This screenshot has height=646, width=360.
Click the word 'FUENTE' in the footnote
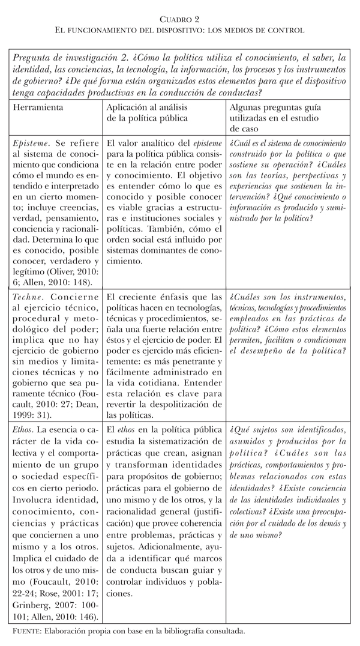(x=27, y=632)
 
